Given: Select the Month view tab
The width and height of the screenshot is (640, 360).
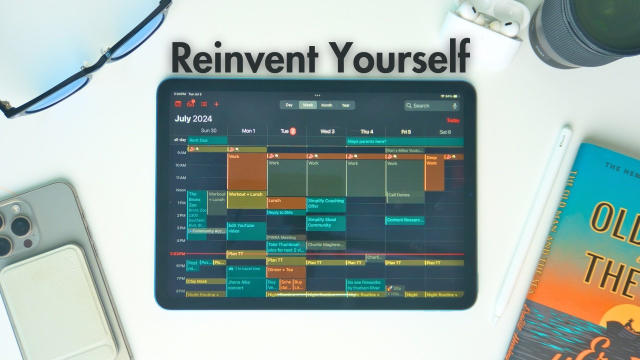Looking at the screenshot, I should pyautogui.click(x=326, y=105).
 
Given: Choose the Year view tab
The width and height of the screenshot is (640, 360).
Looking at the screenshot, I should pyautogui.click(x=345, y=105).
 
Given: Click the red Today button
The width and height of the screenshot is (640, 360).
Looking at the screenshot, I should pyautogui.click(x=453, y=120).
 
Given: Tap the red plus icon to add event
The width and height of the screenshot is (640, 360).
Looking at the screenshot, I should pyautogui.click(x=216, y=104).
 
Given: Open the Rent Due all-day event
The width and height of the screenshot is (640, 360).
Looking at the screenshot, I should pyautogui.click(x=207, y=140).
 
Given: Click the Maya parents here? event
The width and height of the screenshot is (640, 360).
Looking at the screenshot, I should pyautogui.click(x=404, y=141).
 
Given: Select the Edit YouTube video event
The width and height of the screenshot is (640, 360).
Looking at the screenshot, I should pyautogui.click(x=246, y=230).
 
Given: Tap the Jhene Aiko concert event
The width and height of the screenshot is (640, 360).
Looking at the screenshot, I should pyautogui.click(x=246, y=287).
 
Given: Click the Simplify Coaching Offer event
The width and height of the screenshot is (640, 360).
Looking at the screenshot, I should pyautogui.click(x=326, y=204).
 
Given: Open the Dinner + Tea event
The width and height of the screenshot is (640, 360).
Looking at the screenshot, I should pyautogui.click(x=286, y=271).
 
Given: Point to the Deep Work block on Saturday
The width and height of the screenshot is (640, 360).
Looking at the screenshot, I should pyautogui.click(x=434, y=172).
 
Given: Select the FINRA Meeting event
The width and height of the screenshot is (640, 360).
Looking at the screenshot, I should pyautogui.click(x=286, y=237).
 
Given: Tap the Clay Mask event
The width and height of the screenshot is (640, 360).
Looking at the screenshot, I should pyautogui.click(x=206, y=281).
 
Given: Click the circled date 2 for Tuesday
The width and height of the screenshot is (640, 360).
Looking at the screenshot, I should pyautogui.click(x=293, y=131).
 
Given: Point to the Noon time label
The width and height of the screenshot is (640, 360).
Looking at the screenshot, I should pyautogui.click(x=180, y=190).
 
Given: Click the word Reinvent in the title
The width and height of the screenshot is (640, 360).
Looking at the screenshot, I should pyautogui.click(x=245, y=58).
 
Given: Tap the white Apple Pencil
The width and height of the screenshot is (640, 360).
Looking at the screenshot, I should pyautogui.click(x=532, y=225).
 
